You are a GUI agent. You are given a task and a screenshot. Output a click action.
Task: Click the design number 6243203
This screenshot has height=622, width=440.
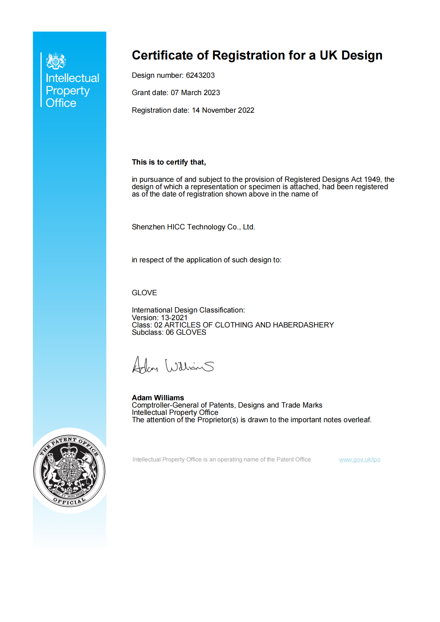pyautogui.click(x=200, y=75)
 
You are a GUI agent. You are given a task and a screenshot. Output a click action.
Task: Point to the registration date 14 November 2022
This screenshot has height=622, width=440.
pyautogui.click(x=223, y=110)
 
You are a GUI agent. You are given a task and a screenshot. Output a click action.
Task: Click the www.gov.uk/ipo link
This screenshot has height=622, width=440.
pyautogui.click(x=359, y=459)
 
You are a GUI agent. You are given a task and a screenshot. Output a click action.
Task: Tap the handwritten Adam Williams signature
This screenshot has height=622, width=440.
pyautogui.click(x=173, y=366)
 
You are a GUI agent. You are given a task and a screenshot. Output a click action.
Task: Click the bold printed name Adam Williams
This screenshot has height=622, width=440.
pyautogui.click(x=158, y=398)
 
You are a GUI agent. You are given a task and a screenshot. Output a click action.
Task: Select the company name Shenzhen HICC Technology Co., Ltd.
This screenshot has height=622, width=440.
pyautogui.click(x=193, y=227)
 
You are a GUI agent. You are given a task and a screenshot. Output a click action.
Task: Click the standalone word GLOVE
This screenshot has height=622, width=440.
pyautogui.click(x=144, y=293)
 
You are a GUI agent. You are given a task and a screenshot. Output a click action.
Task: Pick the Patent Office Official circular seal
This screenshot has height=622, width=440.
pyautogui.click(x=69, y=470)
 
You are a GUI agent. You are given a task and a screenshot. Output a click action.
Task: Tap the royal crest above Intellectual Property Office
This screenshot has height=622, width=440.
pyautogui.click(x=56, y=61)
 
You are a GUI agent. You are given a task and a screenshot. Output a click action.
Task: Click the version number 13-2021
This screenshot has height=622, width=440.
pyautogui.click(x=174, y=318)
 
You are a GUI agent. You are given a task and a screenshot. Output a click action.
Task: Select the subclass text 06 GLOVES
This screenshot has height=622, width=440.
pyautogui.click(x=186, y=332)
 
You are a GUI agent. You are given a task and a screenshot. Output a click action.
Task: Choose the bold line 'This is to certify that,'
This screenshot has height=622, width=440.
pyautogui.click(x=169, y=162)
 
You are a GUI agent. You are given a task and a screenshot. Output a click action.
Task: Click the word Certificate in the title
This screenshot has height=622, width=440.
pyautogui.click(x=162, y=56)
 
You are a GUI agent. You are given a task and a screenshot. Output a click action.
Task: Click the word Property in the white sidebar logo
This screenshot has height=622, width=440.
pyautogui.click(x=68, y=91)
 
